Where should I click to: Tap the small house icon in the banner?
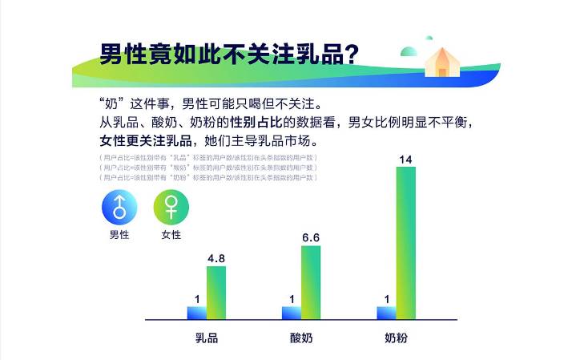click(x=441, y=62)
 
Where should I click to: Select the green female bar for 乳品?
click(x=216, y=293)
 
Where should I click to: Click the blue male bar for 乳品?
click(x=197, y=313)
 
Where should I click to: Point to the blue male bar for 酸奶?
click(x=292, y=313)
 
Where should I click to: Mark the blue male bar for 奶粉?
click(x=386, y=313)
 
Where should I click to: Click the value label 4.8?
click(x=216, y=258)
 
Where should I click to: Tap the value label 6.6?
click(x=311, y=238)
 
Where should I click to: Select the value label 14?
click(x=405, y=160)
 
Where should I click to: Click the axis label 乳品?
click(x=207, y=338)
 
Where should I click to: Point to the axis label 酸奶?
click(x=301, y=338)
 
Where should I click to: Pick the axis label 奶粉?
click(x=396, y=338)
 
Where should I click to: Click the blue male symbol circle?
click(x=119, y=208)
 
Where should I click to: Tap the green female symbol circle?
click(x=171, y=208)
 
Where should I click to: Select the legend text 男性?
click(x=119, y=235)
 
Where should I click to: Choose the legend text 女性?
click(x=171, y=235)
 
